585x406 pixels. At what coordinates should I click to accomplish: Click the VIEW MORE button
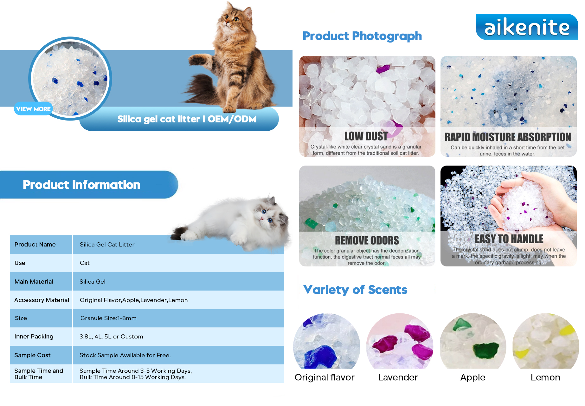(x=33, y=109)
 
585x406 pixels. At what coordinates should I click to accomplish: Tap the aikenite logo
(x=527, y=27)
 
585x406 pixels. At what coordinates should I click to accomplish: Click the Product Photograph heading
(x=362, y=36)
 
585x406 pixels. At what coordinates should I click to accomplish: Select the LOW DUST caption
(x=366, y=136)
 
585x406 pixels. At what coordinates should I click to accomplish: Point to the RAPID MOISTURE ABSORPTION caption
(x=508, y=137)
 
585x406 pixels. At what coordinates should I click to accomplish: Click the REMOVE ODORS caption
(x=367, y=240)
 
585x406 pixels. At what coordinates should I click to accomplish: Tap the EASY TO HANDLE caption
(x=509, y=239)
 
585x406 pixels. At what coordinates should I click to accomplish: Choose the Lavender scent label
(x=398, y=377)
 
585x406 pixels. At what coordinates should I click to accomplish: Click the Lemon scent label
(x=545, y=377)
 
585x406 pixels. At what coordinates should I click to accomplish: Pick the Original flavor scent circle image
(x=326, y=341)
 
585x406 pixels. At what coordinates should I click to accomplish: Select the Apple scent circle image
(x=473, y=341)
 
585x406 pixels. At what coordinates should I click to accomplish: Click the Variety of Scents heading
(x=355, y=290)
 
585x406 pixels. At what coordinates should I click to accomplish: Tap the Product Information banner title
(x=81, y=185)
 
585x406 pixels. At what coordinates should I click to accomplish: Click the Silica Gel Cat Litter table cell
(x=107, y=245)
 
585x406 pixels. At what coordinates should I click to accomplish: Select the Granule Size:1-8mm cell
(x=108, y=318)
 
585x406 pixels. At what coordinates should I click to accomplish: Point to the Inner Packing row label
(x=34, y=337)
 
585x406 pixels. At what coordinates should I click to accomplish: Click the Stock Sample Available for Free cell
(x=125, y=355)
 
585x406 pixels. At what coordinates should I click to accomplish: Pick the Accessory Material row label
(x=42, y=300)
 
